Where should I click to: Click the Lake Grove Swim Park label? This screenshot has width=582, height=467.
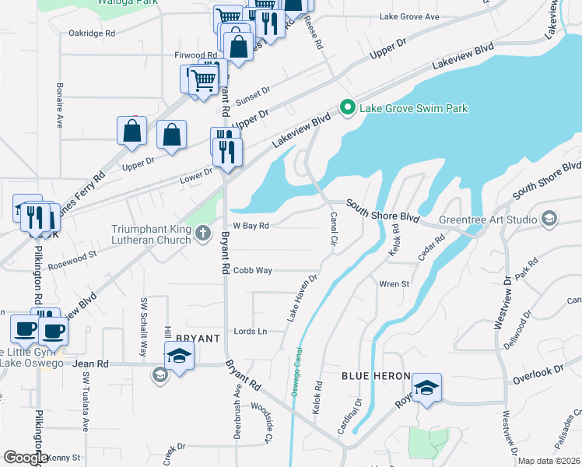click(412, 108)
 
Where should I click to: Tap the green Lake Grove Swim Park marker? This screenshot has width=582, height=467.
click(347, 107)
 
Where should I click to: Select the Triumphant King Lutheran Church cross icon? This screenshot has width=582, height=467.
click(202, 232)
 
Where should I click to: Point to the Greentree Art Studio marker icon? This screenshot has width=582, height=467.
click(550, 218)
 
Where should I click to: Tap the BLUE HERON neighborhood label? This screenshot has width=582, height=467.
click(376, 376)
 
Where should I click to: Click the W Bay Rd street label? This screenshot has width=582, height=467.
click(251, 226)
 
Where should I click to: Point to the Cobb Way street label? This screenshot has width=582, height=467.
click(253, 270)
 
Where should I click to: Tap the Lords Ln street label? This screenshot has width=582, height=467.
click(251, 331)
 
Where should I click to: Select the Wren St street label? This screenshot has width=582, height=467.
click(394, 284)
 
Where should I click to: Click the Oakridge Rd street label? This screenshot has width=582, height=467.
click(92, 33)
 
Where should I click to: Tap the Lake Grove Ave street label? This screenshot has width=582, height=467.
click(409, 16)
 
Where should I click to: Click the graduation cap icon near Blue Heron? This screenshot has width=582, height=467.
click(426, 388)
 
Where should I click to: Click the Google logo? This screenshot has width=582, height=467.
click(26, 458)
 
